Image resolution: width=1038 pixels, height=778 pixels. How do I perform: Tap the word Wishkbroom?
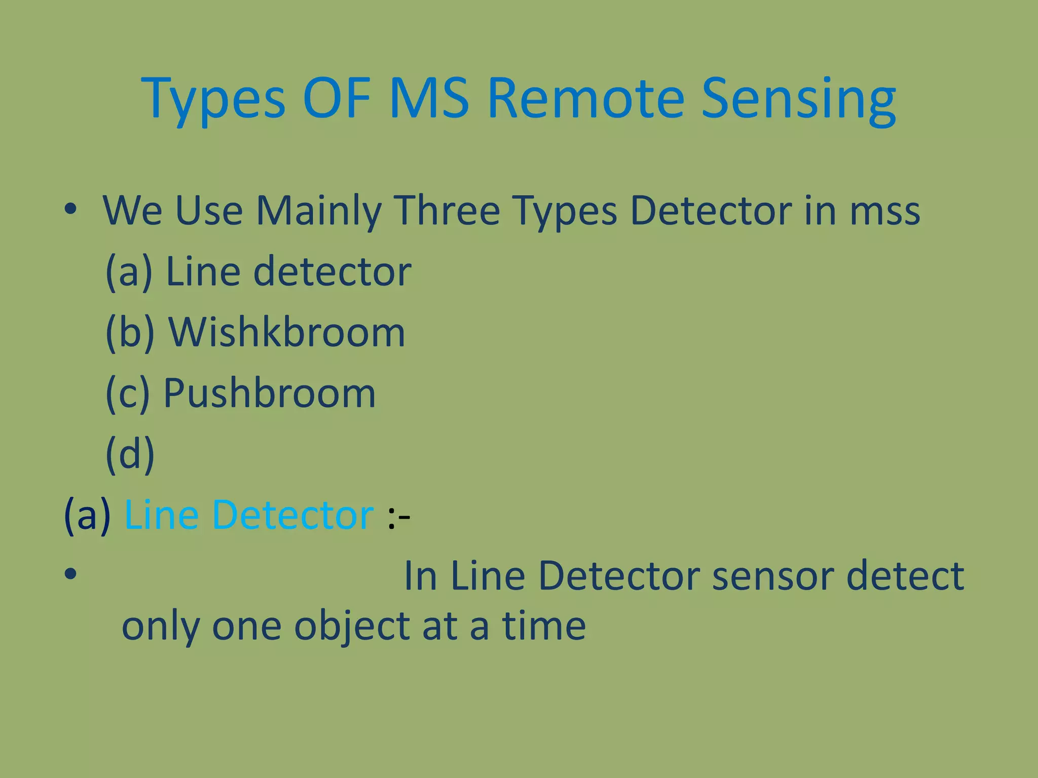[286, 333]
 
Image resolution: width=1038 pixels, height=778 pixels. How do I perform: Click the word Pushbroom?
[270, 394]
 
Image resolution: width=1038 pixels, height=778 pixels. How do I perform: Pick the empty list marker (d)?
[130, 454]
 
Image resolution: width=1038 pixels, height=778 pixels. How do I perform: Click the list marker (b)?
[130, 333]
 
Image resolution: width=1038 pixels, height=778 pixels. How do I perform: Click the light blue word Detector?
[293, 515]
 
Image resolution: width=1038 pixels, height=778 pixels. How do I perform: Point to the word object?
[351, 627]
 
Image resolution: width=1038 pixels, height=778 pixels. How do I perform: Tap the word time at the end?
[544, 626]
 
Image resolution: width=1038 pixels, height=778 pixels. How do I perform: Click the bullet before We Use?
[70, 209]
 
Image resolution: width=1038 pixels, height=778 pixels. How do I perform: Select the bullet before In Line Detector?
[70, 574]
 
